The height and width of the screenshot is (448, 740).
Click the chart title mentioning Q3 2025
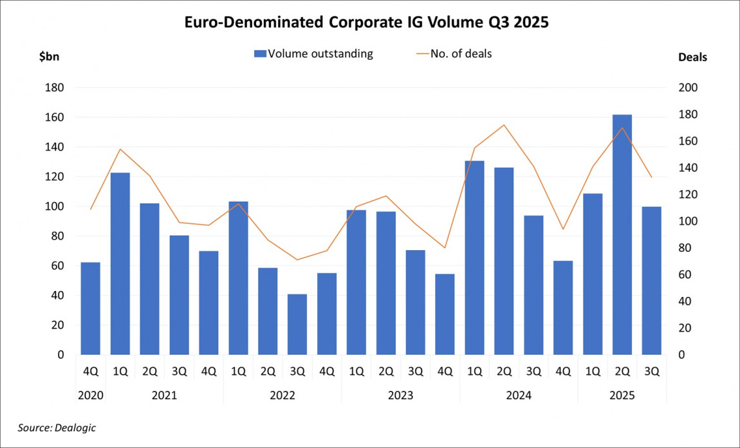coord(370,22)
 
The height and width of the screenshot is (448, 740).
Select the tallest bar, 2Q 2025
coord(622,235)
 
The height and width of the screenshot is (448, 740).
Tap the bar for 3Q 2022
coord(297,324)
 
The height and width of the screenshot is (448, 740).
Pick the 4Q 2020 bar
coord(90,309)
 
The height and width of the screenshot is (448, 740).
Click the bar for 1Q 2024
coord(474,257)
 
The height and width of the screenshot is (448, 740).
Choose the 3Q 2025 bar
coord(651,280)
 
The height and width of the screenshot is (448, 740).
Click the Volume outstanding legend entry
coord(313,54)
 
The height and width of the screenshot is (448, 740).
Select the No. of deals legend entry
coord(454,54)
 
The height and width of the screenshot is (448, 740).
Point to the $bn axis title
coord(50,57)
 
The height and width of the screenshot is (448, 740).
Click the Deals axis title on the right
coord(692,57)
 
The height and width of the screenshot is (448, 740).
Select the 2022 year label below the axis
coord(282,395)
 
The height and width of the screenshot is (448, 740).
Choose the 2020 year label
coord(90,395)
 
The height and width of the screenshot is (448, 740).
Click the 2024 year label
coord(519,395)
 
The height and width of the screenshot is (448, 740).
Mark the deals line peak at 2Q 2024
coord(504,125)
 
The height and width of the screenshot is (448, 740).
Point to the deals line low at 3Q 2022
coord(297,260)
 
